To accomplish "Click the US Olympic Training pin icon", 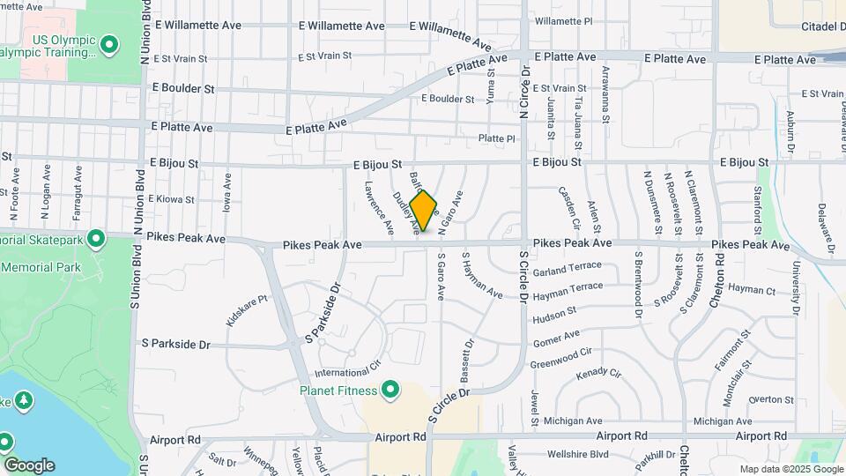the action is coord(109,44).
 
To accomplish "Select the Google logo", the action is coord(29,465).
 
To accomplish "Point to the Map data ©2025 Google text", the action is coord(790,469).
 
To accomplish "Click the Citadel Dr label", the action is coord(823,26).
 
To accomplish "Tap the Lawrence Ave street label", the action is coord(379,207).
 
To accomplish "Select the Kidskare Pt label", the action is coord(246,311).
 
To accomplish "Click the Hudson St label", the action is coord(554,313).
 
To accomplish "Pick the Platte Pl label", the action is coord(496,138).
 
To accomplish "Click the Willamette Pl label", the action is coord(563,20).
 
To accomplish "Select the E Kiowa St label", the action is coord(171,200).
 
